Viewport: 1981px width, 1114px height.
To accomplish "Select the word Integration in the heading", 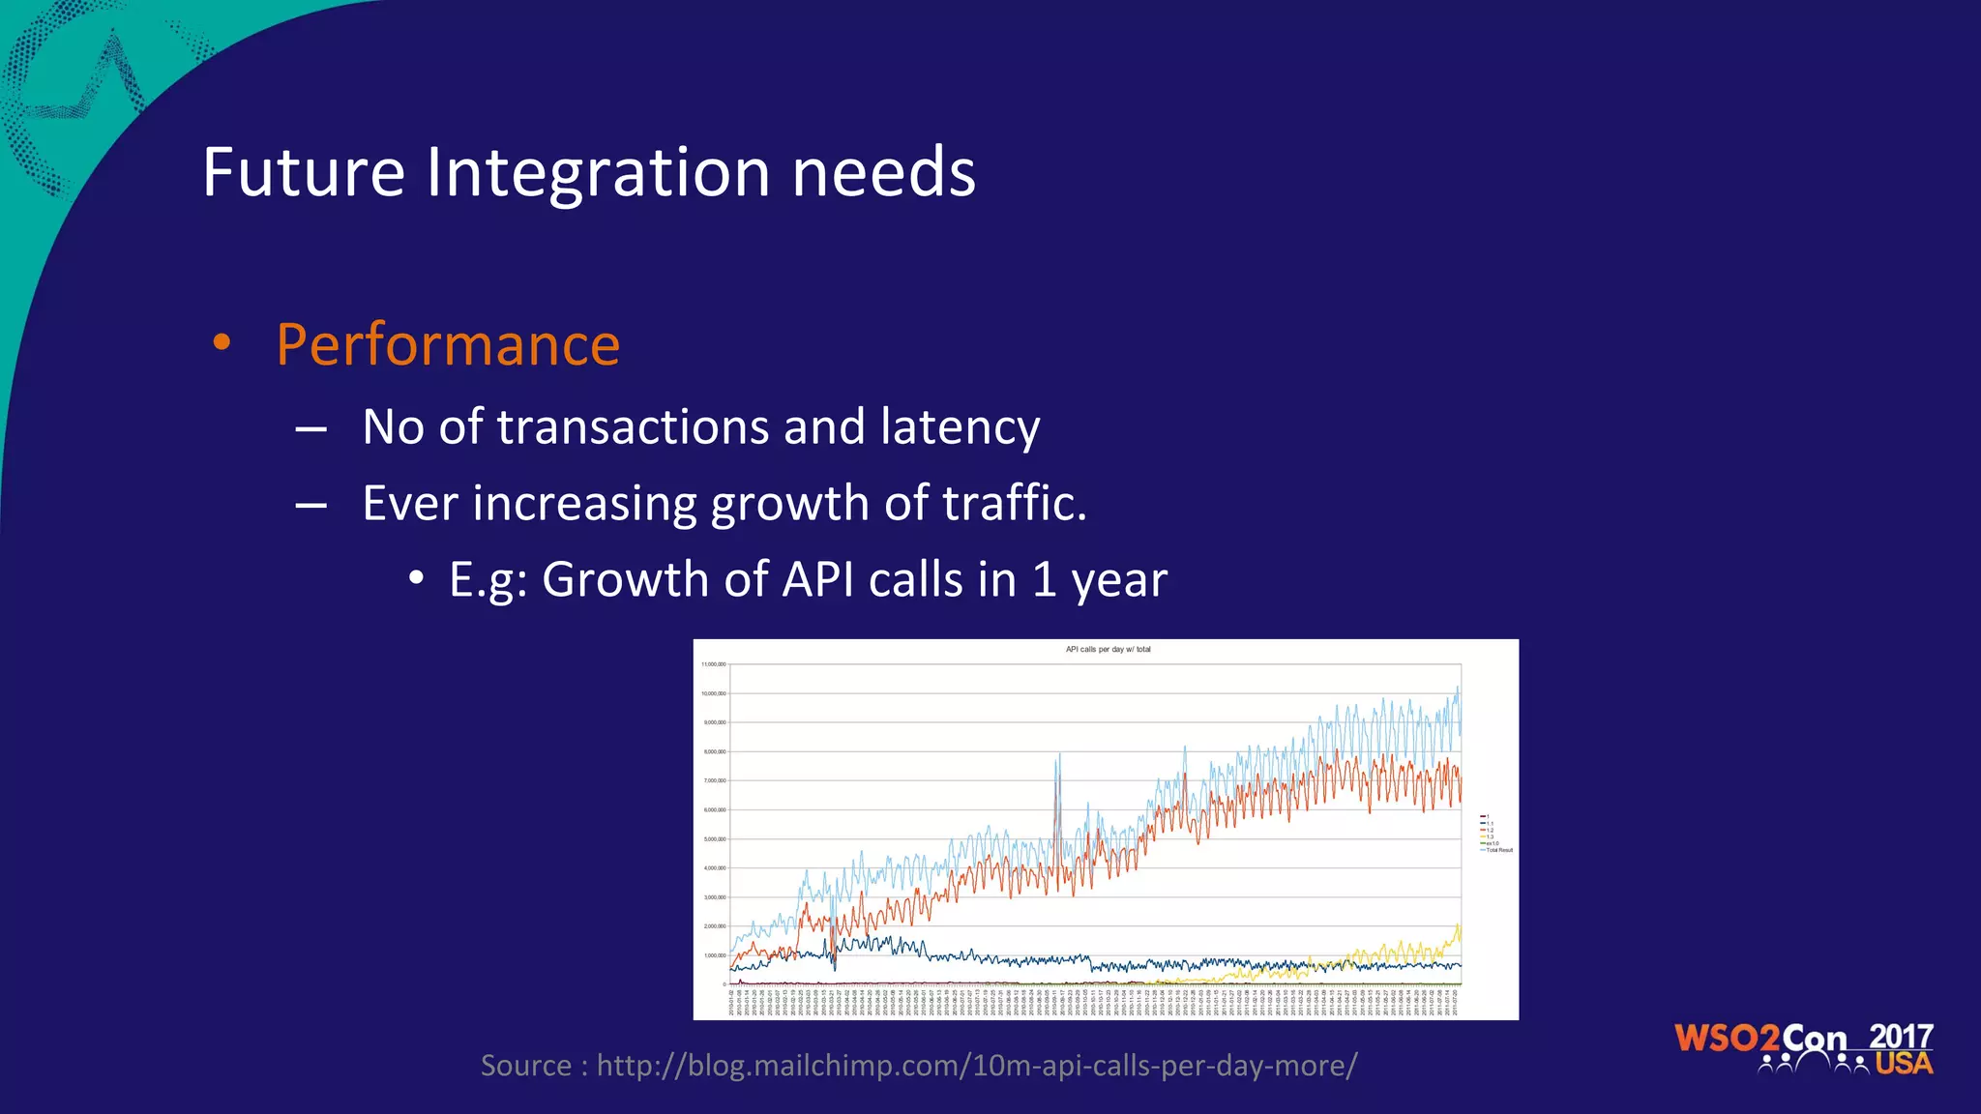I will pos(599,173).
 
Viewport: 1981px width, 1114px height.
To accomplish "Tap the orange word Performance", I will pos(448,345).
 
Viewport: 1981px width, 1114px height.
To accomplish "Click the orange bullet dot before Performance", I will pos(222,342).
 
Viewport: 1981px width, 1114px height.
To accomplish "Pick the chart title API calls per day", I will pos(1108,650).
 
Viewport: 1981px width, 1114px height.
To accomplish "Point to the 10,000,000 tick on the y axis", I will pos(714,694).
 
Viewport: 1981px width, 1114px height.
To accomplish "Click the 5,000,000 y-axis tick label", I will pos(715,839).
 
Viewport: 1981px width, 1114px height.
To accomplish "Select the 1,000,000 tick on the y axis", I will pos(715,955).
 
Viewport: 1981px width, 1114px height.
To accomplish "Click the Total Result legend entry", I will pos(1498,850).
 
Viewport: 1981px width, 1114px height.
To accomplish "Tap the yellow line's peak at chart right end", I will pos(1458,926).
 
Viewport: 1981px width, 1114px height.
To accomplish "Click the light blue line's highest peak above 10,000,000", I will pos(1458,688).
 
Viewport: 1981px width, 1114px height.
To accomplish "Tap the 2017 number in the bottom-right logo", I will pos(1900,1038).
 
